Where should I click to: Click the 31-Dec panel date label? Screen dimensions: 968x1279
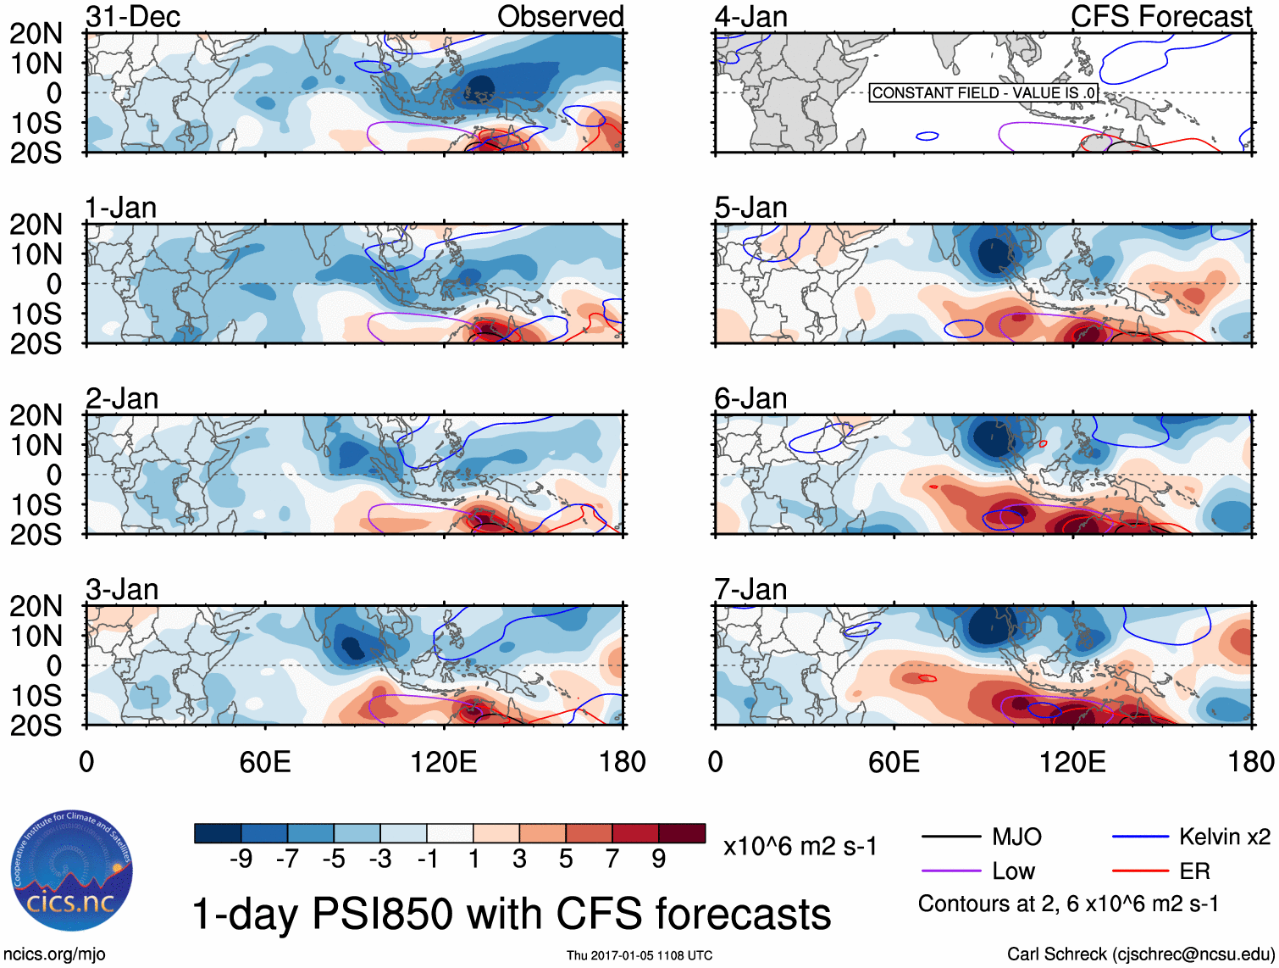(x=133, y=17)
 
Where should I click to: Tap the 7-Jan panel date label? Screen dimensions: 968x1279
(x=750, y=589)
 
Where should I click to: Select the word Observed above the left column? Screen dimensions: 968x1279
(x=560, y=17)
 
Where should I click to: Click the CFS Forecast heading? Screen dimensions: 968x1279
(x=1160, y=17)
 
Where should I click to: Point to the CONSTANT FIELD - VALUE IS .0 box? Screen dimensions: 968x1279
(x=983, y=92)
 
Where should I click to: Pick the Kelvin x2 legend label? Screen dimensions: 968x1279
(x=1224, y=837)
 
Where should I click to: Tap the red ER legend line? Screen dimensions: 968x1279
(x=1140, y=871)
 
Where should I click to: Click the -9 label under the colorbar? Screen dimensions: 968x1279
(x=241, y=860)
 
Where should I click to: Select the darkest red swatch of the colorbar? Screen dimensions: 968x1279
(x=682, y=833)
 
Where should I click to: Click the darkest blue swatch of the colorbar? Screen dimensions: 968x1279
(x=217, y=833)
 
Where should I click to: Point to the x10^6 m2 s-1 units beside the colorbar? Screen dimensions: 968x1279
(x=800, y=846)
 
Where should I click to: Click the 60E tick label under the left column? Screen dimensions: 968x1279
(x=265, y=762)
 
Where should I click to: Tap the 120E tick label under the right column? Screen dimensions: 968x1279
(x=1072, y=762)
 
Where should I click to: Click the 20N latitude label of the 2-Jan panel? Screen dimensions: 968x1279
(x=36, y=415)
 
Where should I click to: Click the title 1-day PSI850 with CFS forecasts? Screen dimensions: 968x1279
(x=512, y=914)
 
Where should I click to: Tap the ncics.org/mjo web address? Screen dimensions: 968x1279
(x=54, y=954)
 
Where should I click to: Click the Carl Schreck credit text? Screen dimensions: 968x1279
(x=1140, y=954)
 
